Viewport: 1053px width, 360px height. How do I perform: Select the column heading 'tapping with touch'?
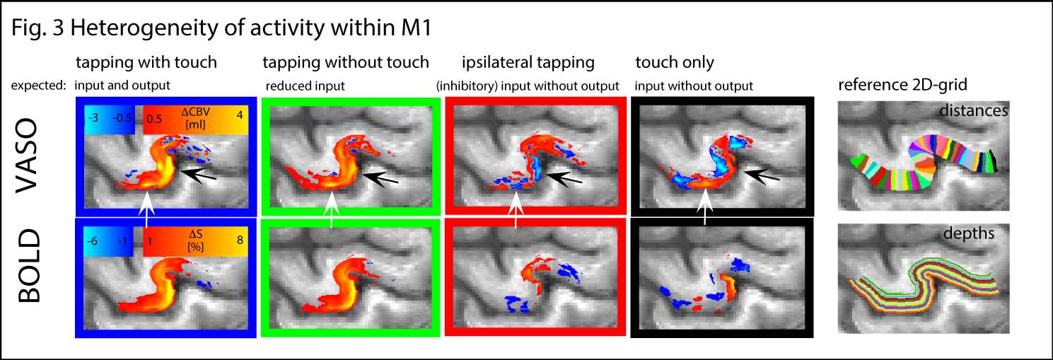(147, 62)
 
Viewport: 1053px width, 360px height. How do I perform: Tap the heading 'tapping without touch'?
(345, 62)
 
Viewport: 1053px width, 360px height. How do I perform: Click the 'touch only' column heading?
(675, 62)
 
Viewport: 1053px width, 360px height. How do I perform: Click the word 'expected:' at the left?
(38, 86)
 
